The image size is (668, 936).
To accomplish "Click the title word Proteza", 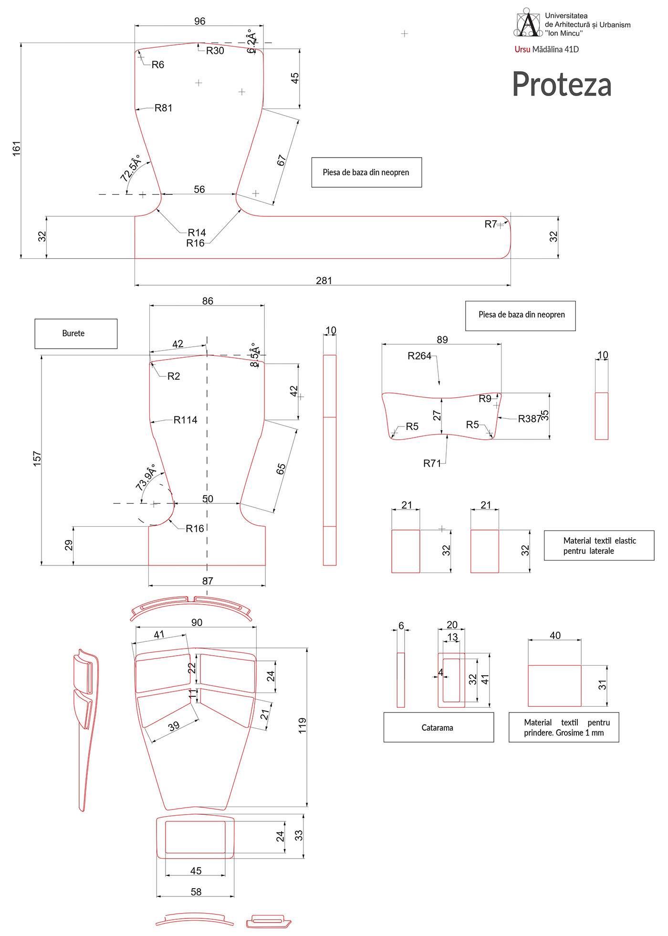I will (562, 85).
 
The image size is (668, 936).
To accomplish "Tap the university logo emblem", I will (527, 23).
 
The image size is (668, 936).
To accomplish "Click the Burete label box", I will (76, 333).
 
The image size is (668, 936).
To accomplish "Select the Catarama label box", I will (438, 727).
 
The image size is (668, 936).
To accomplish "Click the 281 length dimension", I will (324, 280).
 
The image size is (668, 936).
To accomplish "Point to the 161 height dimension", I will (17, 148).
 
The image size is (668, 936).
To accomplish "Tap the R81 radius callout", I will (163, 108).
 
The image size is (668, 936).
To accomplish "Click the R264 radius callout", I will (419, 356).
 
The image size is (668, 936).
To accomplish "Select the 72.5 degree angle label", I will (131, 168).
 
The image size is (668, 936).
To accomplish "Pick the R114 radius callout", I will (185, 420).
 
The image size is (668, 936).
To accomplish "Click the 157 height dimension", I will (37, 458).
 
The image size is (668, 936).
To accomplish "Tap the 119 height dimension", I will (302, 725).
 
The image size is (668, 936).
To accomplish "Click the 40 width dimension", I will (555, 635).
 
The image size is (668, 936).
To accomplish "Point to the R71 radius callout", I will (432, 463).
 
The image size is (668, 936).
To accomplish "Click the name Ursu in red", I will (522, 49).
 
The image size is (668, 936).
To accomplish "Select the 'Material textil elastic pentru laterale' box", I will (599, 545).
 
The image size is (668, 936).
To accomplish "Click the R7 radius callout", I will (491, 224).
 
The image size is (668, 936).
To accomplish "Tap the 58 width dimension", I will (196, 892).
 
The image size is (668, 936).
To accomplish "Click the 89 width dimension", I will (442, 340).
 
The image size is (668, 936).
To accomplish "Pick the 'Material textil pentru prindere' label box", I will (564, 727).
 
